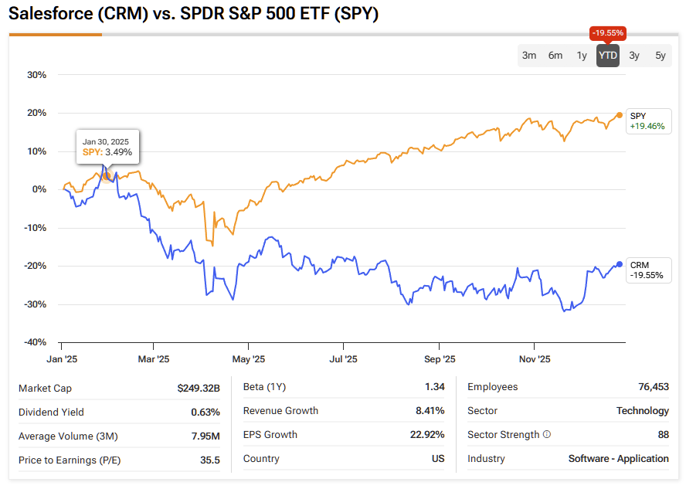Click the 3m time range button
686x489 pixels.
click(x=529, y=56)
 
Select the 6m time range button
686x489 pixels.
click(x=555, y=56)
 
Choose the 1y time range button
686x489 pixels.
click(x=582, y=56)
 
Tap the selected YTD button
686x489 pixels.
click(x=608, y=56)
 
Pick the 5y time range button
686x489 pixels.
click(x=661, y=56)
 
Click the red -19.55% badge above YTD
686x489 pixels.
click(x=608, y=33)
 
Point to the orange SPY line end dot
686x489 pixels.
click(x=620, y=115)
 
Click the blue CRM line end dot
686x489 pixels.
click(x=620, y=264)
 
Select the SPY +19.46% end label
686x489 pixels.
click(x=647, y=121)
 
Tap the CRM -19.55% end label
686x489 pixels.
click(x=647, y=270)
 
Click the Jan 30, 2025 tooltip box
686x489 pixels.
click(x=107, y=147)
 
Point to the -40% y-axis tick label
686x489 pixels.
click(x=36, y=342)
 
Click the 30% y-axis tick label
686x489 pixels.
click(x=37, y=75)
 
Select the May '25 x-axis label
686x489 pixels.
click(x=249, y=359)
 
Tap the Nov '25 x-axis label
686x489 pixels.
click(x=535, y=359)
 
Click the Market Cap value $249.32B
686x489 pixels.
click(x=199, y=388)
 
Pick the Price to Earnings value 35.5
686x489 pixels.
click(x=209, y=460)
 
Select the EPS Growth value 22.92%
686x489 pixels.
click(x=427, y=435)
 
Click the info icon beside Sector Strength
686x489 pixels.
click(x=547, y=435)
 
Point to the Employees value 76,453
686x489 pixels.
click(x=651, y=387)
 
